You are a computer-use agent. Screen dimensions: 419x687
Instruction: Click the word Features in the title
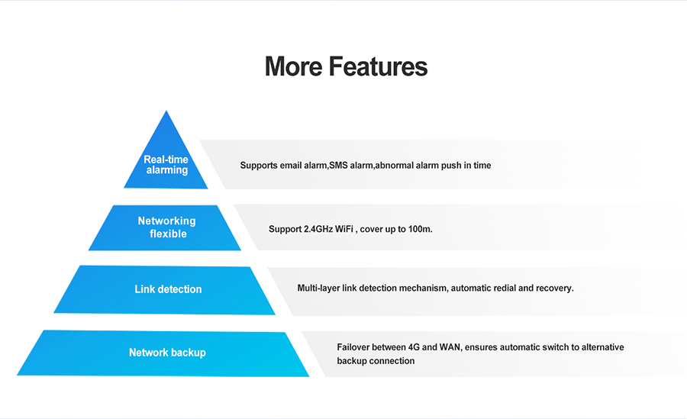coord(379,66)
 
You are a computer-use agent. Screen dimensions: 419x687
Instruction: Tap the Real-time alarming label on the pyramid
coord(166,165)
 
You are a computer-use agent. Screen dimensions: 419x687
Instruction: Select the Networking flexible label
coord(167,227)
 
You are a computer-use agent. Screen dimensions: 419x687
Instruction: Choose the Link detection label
coord(168,289)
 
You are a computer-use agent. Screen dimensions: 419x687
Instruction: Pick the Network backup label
coord(167,353)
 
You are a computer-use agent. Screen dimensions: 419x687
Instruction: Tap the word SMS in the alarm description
coord(338,166)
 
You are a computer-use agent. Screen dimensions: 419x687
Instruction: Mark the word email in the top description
coord(293,166)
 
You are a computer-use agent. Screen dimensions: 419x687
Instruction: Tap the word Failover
coord(354,347)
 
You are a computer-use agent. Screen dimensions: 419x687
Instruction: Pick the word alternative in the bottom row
coord(602,347)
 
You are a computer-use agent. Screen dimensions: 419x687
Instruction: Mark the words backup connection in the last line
coord(376,361)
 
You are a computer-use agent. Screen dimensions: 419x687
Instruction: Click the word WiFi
coord(348,229)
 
